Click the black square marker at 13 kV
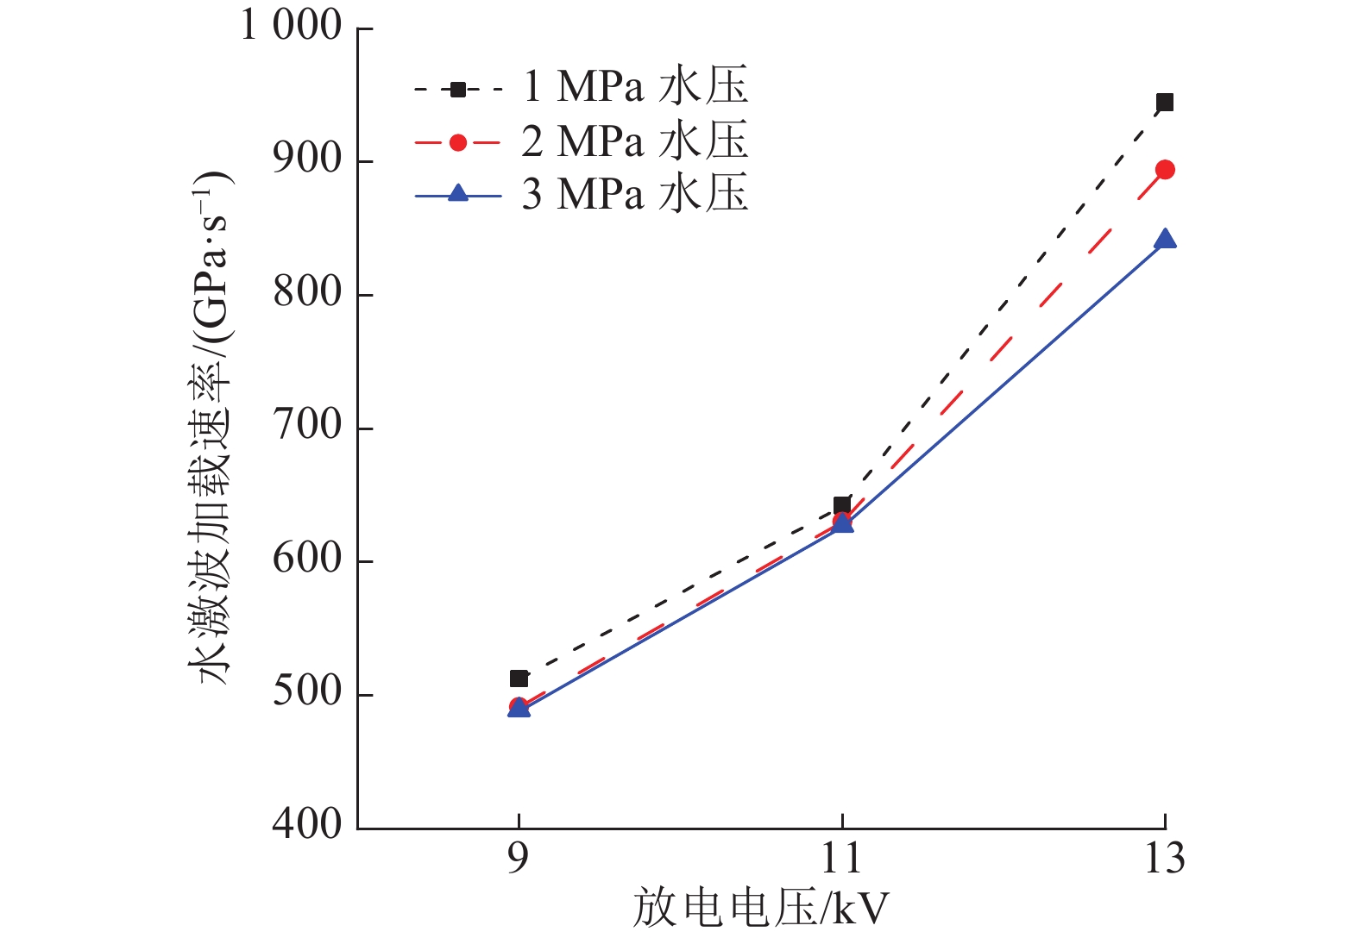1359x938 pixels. click(1164, 103)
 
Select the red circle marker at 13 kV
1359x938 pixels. click(1164, 170)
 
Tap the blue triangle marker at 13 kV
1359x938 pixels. click(1165, 239)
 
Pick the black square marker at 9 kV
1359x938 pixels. click(519, 678)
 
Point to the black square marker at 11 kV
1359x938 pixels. click(842, 505)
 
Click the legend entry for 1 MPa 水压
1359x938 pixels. click(581, 87)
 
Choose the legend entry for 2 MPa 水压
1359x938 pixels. click(581, 141)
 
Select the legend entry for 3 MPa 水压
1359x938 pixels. click(581, 195)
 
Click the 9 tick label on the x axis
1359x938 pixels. click(518, 859)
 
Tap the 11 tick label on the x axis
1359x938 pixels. click(841, 859)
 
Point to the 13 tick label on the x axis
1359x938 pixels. click(1164, 859)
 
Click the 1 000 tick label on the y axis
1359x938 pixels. click(291, 26)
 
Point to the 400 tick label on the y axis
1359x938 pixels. click(307, 825)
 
